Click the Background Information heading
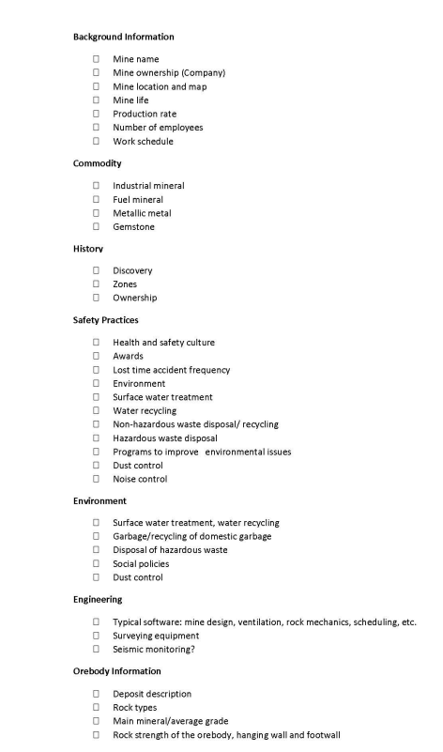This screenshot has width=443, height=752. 123,37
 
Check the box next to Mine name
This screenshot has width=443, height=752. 96,59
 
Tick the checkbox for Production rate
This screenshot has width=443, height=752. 96,114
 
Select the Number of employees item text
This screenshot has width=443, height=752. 158,128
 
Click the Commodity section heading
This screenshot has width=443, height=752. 97,163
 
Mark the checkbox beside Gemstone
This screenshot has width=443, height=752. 96,227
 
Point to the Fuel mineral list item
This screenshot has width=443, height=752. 138,200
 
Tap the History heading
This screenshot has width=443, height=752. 88,248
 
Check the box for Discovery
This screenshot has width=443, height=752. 96,270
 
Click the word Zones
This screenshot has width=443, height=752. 125,284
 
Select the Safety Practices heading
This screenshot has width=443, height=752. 107,319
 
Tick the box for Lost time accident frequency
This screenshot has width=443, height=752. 96,370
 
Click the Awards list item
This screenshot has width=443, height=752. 129,357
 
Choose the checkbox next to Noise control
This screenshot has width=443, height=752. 96,479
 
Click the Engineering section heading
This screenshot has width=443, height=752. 98,598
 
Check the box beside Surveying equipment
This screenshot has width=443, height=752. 96,635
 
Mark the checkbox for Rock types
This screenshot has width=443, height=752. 96,707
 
